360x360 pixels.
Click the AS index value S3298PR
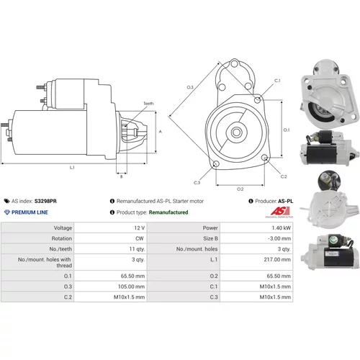coord(45,201)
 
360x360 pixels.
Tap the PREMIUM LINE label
coord(30,212)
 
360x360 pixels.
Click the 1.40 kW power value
coord(281,228)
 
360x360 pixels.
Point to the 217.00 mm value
coord(277,259)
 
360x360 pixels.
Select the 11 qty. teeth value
coord(137,249)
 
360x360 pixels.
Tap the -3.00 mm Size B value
coord(279,238)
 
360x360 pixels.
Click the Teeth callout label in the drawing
coord(148,104)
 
